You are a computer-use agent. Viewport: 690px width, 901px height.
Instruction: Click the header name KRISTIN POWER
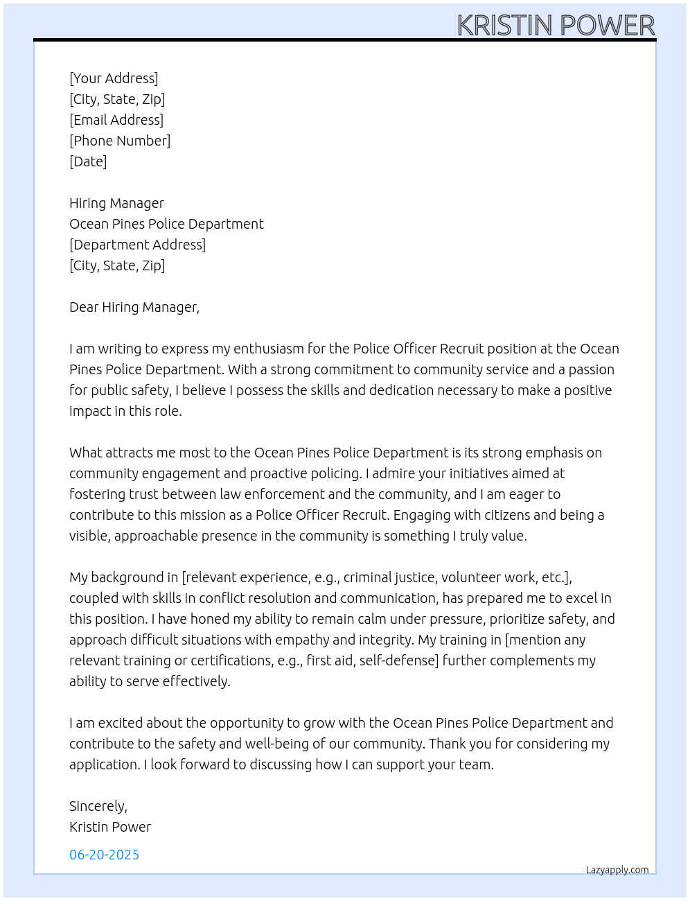(x=556, y=26)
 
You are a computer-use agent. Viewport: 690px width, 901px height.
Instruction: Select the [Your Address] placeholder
(x=114, y=78)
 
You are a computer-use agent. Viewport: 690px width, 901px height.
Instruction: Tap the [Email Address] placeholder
(x=116, y=120)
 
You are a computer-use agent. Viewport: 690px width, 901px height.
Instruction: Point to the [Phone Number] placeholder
(x=120, y=141)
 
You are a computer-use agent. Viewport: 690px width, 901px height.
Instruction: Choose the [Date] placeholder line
(x=88, y=161)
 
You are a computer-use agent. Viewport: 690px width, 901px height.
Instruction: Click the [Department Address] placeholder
(x=137, y=245)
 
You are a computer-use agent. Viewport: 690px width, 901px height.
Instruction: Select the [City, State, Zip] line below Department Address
(x=117, y=265)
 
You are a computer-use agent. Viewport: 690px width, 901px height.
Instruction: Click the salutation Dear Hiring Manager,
(x=134, y=307)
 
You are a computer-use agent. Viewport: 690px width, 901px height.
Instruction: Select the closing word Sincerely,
(x=98, y=806)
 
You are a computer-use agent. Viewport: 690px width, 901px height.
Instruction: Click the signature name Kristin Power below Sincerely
(x=110, y=827)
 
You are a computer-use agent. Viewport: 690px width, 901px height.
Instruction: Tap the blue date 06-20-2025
(x=105, y=855)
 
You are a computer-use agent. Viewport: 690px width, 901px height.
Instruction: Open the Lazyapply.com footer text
(x=617, y=870)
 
